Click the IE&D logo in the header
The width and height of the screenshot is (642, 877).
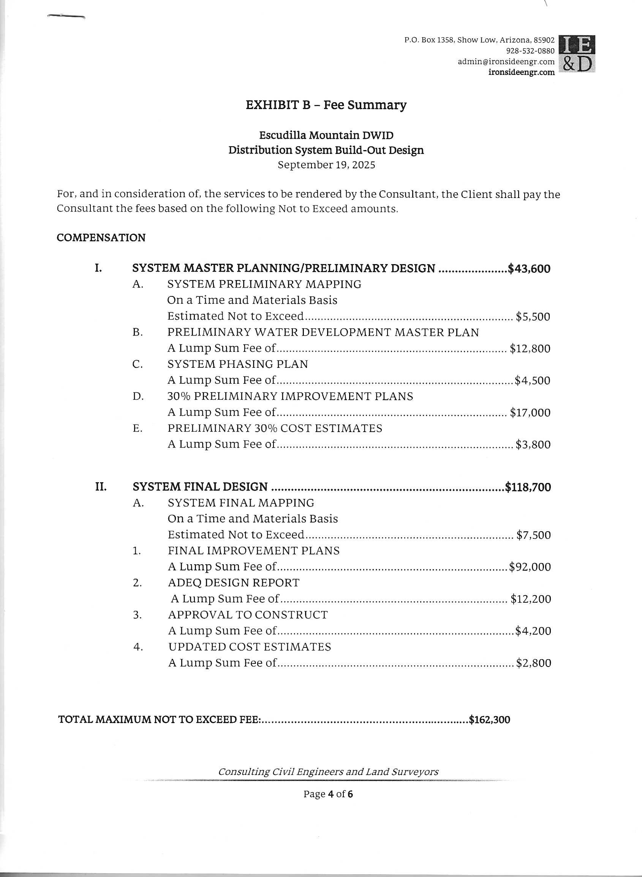tap(576, 54)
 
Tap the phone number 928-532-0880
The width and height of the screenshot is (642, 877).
tap(530, 51)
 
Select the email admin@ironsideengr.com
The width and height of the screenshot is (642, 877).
tap(506, 62)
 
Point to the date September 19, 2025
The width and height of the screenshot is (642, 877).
tap(326, 165)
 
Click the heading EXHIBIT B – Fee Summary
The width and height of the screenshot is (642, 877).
tap(326, 105)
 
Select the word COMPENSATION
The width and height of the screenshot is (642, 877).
tap(101, 237)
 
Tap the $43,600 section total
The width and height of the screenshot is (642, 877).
tap(529, 269)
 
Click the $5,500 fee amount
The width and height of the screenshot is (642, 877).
tap(533, 317)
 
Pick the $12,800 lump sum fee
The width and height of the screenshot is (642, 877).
tap(530, 348)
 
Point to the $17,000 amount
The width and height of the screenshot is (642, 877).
tap(530, 412)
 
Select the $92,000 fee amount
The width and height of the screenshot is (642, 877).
tap(530, 567)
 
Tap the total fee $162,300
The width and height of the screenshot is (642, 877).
tap(489, 720)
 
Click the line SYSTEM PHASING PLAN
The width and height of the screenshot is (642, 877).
tap(237, 364)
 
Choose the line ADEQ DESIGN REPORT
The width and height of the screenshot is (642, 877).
tap(234, 583)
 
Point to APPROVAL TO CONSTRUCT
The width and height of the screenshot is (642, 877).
tap(248, 614)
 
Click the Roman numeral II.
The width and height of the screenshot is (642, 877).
tap(101, 487)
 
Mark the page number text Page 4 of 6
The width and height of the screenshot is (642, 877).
tap(328, 794)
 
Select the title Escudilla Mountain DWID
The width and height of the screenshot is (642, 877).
tap(326, 135)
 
